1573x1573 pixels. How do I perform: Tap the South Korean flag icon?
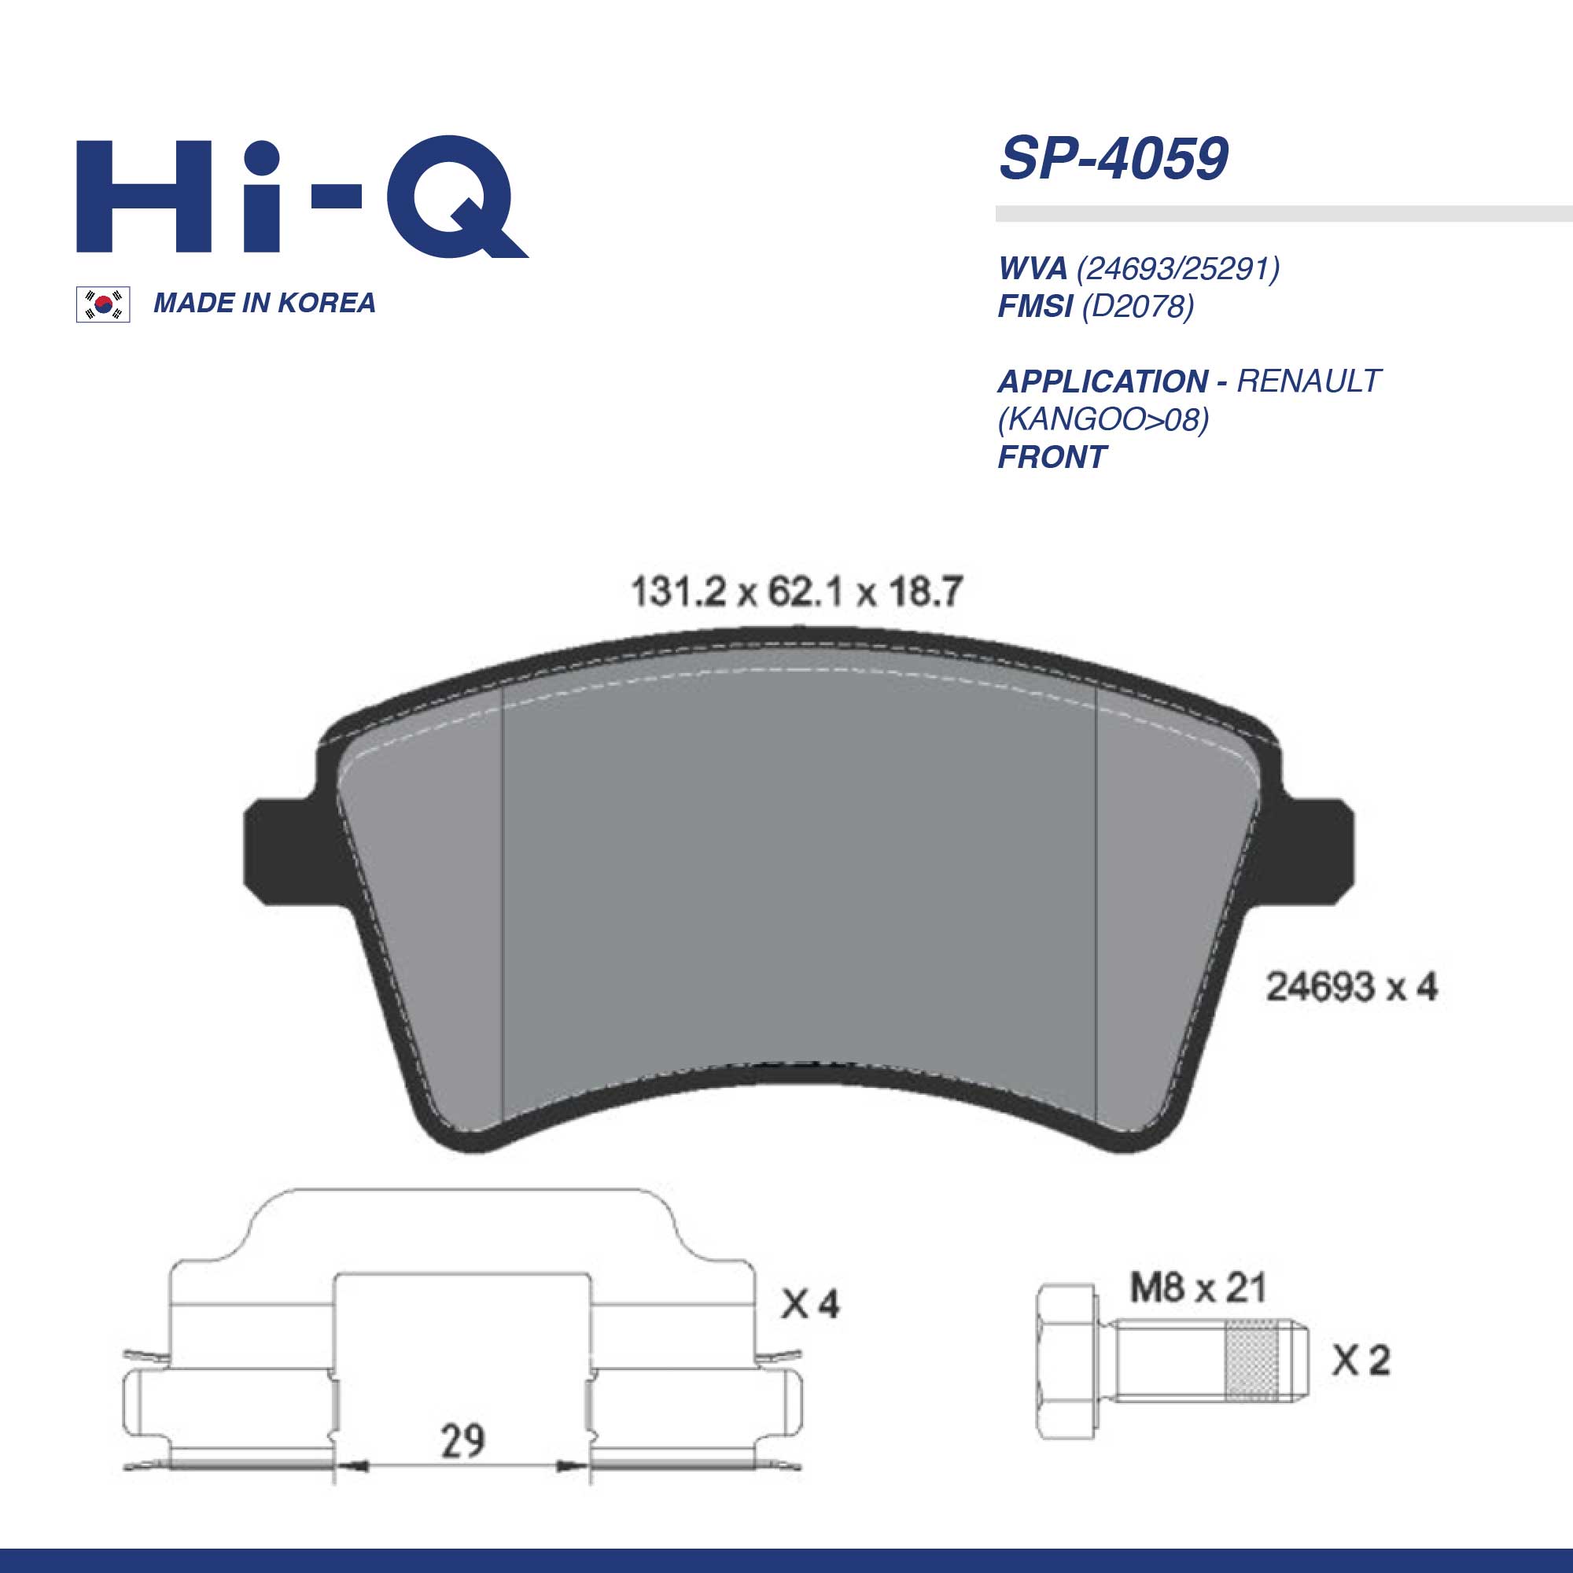pos(103,304)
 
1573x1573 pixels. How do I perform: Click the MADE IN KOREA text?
pos(264,304)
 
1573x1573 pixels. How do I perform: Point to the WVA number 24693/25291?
pos(1178,269)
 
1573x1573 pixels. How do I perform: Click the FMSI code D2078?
pos(1137,307)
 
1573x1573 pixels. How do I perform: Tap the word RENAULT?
pos(1310,381)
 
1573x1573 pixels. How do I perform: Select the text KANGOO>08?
pos(1103,419)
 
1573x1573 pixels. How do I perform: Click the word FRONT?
pos(1052,457)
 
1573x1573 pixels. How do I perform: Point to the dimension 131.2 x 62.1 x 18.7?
pos(797,592)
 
